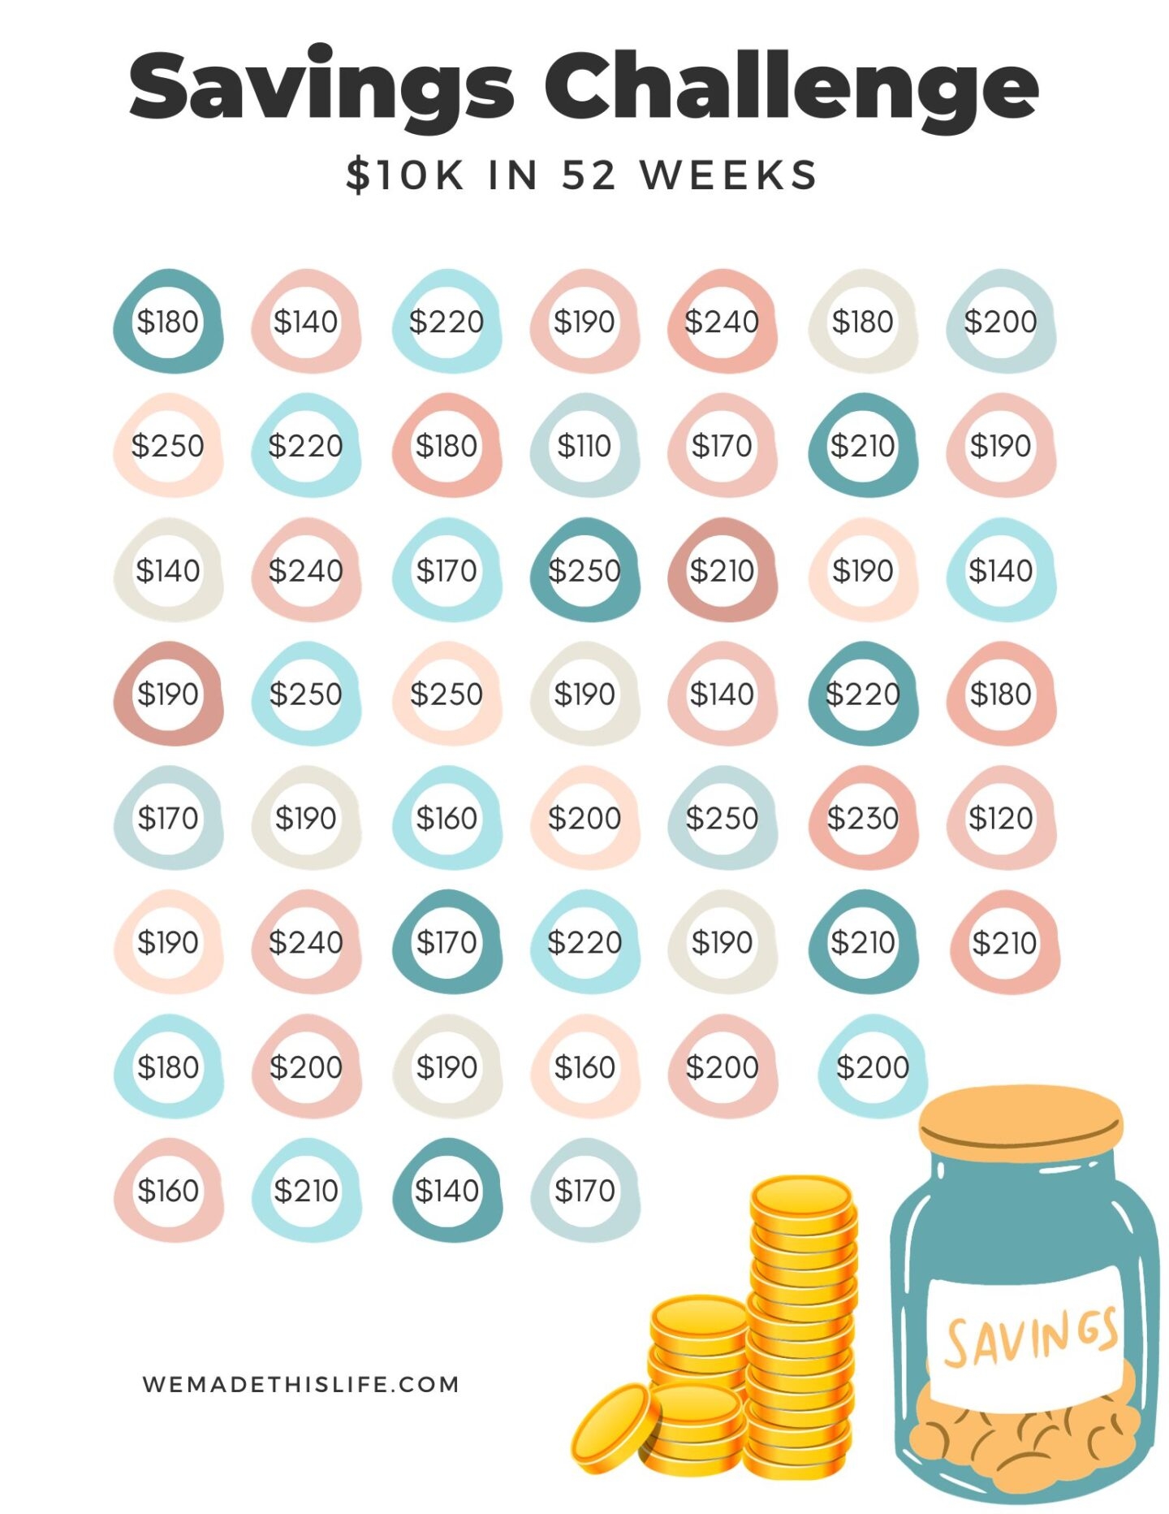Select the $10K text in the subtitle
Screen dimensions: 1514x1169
click(x=405, y=175)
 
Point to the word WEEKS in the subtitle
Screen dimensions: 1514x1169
click(x=728, y=175)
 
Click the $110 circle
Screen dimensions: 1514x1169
click(x=584, y=446)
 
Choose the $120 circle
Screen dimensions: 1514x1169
click(x=1000, y=818)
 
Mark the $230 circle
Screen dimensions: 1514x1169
click(x=862, y=818)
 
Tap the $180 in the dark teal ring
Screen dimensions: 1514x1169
click(x=168, y=322)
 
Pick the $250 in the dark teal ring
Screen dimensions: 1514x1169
click(x=584, y=570)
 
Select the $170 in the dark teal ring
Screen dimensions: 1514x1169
click(x=446, y=942)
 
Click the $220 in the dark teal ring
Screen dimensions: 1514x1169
click(x=862, y=694)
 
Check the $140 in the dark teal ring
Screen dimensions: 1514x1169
click(x=446, y=1191)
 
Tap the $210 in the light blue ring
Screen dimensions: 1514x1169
click(x=306, y=1191)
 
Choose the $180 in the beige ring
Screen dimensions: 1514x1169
click(x=862, y=322)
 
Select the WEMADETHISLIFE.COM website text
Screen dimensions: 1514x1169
click(x=300, y=1384)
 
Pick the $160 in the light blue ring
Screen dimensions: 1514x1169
click(x=446, y=818)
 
